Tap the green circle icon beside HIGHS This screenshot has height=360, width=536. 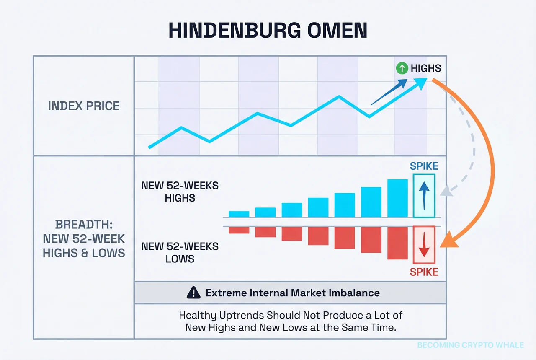(402, 68)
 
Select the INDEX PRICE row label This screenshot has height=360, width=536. (84, 106)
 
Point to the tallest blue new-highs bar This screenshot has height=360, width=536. (397, 198)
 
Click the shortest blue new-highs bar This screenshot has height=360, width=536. (239, 214)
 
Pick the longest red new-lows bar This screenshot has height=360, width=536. (397, 243)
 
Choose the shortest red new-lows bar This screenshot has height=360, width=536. (239, 230)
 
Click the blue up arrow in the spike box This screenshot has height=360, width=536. (424, 196)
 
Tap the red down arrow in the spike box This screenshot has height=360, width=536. (424, 245)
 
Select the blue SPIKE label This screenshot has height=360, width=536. (424, 166)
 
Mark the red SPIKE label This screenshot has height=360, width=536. (424, 272)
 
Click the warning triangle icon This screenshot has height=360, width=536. (193, 293)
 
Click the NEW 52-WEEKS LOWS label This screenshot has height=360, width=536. (180, 252)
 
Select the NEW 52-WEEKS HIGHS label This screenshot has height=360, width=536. (180, 191)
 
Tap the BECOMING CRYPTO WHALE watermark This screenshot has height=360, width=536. (470, 345)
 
